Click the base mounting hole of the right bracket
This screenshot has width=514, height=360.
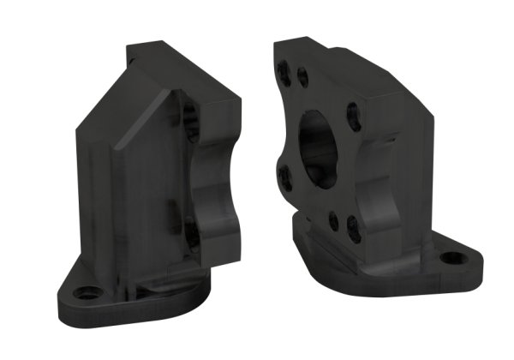[451, 257]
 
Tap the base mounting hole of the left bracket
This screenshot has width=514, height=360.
[86, 292]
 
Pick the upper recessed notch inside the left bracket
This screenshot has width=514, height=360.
[190, 124]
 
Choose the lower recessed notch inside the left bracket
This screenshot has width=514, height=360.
[189, 231]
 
